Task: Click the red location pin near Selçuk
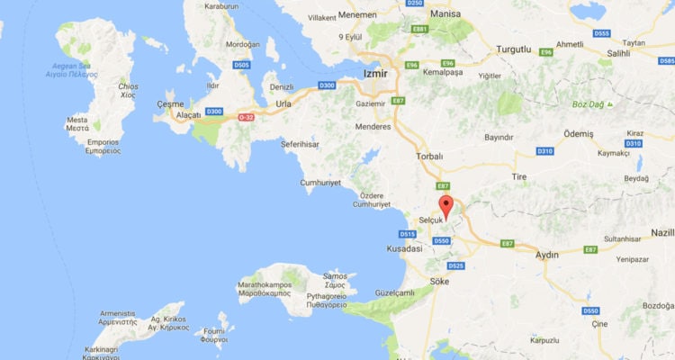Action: click(445, 203)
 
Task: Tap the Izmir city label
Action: click(374, 74)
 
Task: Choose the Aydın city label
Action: click(546, 256)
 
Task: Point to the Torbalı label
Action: click(429, 156)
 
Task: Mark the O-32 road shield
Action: click(246, 117)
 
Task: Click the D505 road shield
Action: click(241, 65)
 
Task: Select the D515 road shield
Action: click(406, 234)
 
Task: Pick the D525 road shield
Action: click(455, 265)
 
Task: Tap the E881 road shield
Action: click(418, 30)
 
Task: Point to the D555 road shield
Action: click(602, 33)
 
